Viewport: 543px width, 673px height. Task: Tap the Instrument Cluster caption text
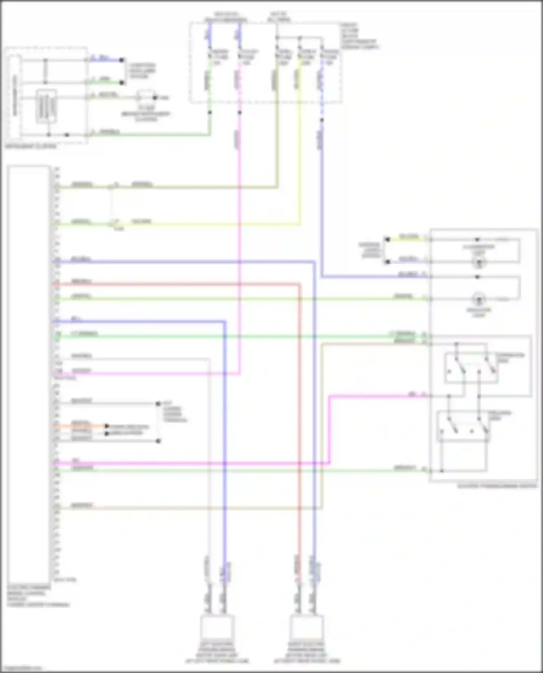tap(31, 147)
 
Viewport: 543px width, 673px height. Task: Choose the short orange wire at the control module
tap(80, 426)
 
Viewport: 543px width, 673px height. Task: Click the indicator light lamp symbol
tap(479, 299)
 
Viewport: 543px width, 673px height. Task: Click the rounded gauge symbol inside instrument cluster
tap(46, 106)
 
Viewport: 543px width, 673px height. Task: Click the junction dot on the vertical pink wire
tap(240, 112)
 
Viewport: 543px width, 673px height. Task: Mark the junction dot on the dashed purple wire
tap(322, 120)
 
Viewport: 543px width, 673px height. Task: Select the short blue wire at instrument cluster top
tap(105, 60)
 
